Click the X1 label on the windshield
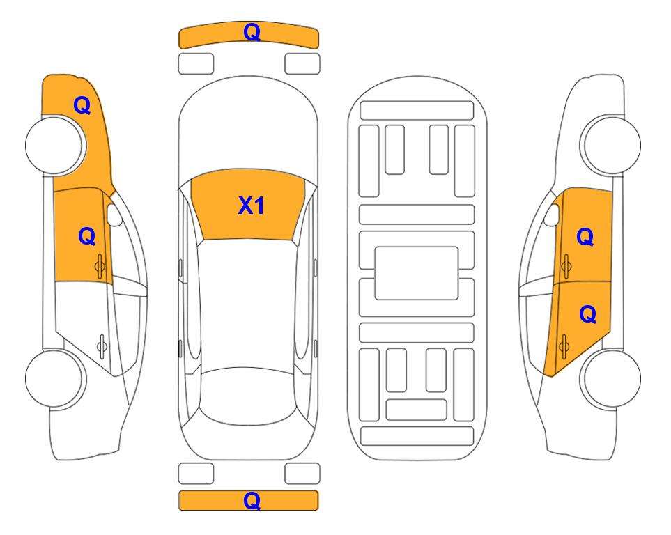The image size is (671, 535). click(x=252, y=206)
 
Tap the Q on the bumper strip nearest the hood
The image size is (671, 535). click(x=252, y=32)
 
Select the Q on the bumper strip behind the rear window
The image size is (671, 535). click(x=252, y=500)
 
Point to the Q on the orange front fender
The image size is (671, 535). click(x=82, y=105)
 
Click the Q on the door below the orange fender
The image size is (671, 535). click(x=87, y=236)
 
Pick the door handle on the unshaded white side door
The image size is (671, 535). click(x=102, y=346)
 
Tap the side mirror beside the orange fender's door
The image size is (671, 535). click(x=114, y=215)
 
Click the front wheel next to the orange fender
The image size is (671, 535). click(x=55, y=146)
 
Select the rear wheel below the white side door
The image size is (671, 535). click(x=55, y=379)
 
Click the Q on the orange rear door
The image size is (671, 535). click(x=587, y=315)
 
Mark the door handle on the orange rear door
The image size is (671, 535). click(x=564, y=346)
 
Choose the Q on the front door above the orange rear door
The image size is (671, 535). click(x=585, y=237)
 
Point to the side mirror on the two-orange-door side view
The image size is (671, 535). click(x=552, y=215)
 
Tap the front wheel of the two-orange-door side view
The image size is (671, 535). click(x=610, y=145)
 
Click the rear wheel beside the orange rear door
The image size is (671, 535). click(x=611, y=379)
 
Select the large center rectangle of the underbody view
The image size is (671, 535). click(x=417, y=273)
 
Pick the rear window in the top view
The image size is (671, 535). click(x=248, y=396)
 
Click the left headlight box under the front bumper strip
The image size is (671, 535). click(x=196, y=64)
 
